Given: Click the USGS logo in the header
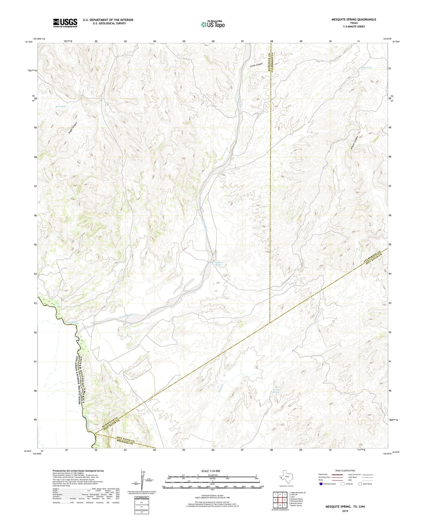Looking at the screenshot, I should point(65,23).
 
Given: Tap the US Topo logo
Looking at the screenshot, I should point(213,24).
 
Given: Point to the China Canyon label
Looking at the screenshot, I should point(256,65).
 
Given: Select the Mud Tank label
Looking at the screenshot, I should point(366,68).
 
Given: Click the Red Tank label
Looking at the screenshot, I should point(61,106).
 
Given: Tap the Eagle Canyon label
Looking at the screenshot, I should point(73,128).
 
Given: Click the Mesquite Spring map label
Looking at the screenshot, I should point(219,263).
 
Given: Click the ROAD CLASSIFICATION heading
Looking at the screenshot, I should point(345,471).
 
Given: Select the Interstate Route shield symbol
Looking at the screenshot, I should point(321,484).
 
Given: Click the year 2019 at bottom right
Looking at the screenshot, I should point(345,511).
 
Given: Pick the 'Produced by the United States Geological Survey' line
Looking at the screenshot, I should point(78,471).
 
